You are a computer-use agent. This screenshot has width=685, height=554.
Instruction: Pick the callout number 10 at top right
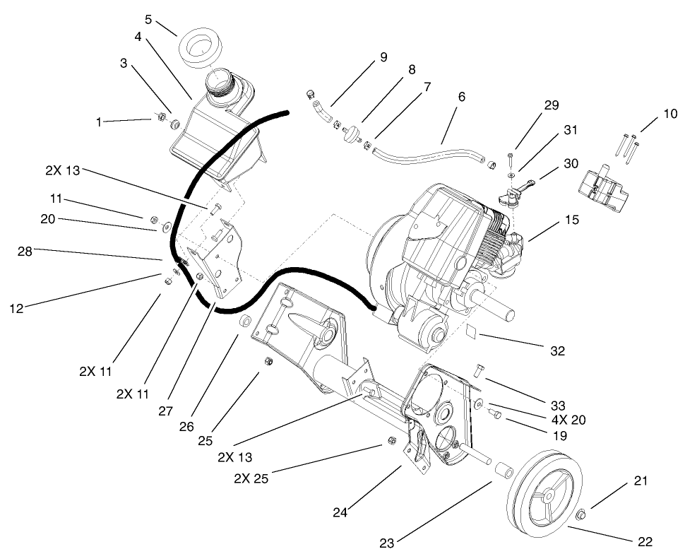point(670,113)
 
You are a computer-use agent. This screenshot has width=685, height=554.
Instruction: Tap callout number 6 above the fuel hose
point(461,97)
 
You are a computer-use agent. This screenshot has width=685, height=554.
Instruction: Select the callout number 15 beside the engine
point(572,220)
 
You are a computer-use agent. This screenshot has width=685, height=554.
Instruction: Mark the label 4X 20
point(569,420)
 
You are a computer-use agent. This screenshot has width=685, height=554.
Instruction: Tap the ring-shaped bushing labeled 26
point(245,322)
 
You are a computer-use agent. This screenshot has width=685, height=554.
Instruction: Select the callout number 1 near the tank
point(99,122)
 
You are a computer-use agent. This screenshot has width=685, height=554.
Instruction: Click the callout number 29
point(552,105)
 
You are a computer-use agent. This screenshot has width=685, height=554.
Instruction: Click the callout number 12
point(16,307)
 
